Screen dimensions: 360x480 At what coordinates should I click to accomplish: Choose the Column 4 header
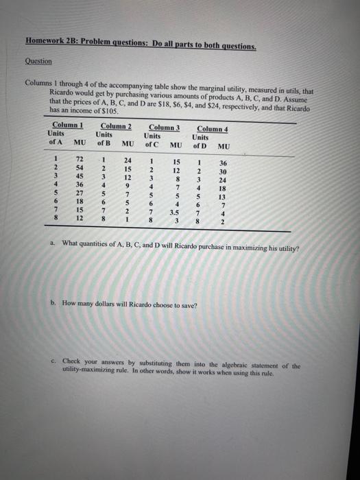pyautogui.click(x=212, y=128)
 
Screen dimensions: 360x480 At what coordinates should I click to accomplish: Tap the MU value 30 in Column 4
pyautogui.click(x=222, y=171)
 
